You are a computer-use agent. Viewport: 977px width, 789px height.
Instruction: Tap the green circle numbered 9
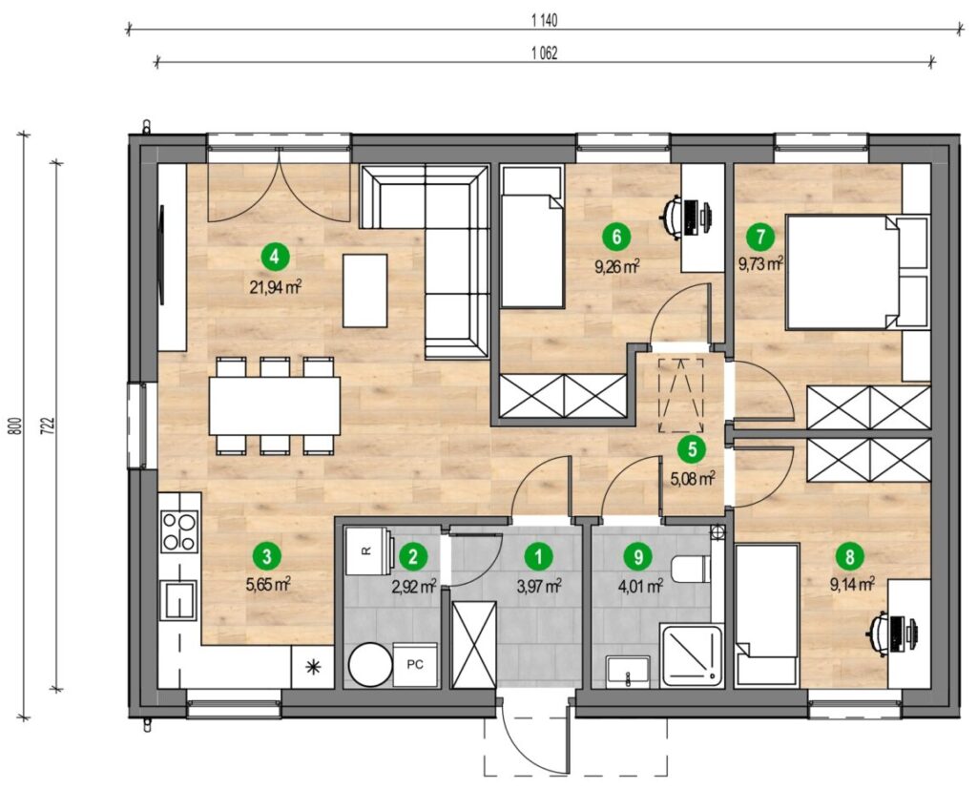(x=637, y=556)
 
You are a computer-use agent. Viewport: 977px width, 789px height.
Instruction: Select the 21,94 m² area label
(x=276, y=287)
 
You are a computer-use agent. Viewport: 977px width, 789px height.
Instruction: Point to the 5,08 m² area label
(x=693, y=479)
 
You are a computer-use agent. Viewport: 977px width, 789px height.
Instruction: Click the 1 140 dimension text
(x=545, y=21)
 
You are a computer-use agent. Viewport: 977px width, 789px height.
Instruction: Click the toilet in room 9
(x=692, y=569)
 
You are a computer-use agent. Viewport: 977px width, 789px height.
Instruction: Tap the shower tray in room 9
(x=693, y=656)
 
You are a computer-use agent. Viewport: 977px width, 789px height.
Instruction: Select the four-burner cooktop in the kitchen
(x=179, y=531)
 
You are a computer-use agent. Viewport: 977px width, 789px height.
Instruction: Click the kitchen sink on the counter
(x=178, y=599)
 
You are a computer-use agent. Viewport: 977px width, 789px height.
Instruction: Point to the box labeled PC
(x=415, y=665)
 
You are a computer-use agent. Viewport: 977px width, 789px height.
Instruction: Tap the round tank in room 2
(x=370, y=665)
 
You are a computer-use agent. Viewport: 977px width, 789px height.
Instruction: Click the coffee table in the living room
(x=365, y=290)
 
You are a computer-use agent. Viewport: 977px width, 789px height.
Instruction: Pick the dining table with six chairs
(x=275, y=405)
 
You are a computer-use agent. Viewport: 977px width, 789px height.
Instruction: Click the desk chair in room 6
(x=673, y=218)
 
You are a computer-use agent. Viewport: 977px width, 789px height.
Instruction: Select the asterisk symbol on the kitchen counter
(x=313, y=667)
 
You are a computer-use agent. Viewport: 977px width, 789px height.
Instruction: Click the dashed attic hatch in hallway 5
(x=681, y=395)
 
